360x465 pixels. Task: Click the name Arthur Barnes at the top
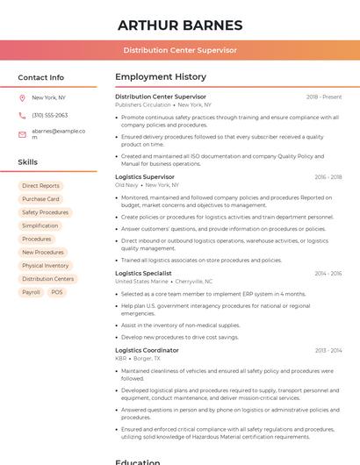click(180, 25)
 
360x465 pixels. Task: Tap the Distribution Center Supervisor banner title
click(180, 50)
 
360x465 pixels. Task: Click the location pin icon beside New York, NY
click(22, 98)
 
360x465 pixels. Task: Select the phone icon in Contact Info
click(22, 116)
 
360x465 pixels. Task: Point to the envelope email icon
click(22, 134)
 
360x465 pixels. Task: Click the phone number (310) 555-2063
click(49, 116)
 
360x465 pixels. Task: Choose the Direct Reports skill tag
click(40, 186)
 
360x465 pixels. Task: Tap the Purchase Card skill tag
click(40, 199)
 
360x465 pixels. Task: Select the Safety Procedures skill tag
click(45, 212)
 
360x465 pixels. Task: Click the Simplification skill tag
click(40, 225)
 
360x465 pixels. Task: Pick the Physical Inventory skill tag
click(45, 266)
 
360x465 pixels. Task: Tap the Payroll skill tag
click(31, 292)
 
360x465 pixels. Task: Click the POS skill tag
click(57, 292)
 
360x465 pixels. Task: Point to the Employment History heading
click(161, 77)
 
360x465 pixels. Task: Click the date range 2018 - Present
click(324, 97)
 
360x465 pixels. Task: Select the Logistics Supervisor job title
click(145, 177)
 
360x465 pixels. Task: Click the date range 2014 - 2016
click(328, 274)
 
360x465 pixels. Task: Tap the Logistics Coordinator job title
click(147, 350)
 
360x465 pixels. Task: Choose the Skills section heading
click(28, 162)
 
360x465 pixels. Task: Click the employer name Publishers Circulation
click(143, 104)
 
